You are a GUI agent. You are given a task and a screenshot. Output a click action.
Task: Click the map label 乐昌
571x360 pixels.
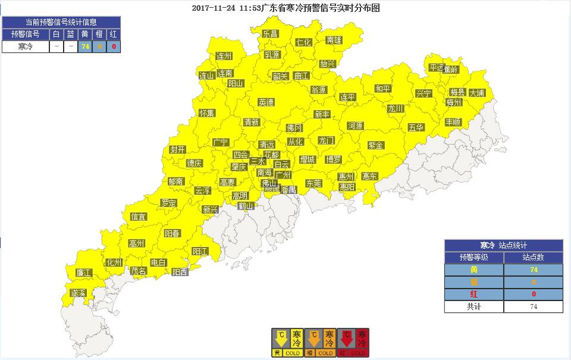click(271, 34)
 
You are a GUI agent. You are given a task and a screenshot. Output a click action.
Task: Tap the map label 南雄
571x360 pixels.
click(334, 40)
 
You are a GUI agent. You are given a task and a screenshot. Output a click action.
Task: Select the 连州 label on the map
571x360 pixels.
click(224, 57)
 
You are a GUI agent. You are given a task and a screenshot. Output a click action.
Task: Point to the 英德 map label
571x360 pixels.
click(266, 102)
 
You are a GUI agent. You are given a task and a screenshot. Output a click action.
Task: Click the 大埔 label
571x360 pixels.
click(477, 93)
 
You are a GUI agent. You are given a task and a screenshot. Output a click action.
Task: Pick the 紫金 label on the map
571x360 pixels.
click(376, 145)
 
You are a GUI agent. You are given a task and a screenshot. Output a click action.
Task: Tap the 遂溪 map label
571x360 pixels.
click(79, 293)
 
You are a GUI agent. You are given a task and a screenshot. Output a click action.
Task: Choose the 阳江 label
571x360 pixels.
click(200, 252)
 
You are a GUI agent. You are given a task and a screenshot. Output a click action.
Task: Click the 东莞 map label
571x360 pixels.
click(313, 183)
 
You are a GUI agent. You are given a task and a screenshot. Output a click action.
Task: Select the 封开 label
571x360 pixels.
click(177, 149)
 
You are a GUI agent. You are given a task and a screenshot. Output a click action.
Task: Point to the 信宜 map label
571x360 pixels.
click(138, 217)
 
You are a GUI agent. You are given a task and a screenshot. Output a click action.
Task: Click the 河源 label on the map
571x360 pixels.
click(355, 126)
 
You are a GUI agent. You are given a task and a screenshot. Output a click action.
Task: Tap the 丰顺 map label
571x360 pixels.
click(453, 122)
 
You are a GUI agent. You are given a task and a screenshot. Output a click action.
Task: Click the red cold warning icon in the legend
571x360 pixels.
click(353, 343)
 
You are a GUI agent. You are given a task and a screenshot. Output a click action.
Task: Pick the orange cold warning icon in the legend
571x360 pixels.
click(320, 343)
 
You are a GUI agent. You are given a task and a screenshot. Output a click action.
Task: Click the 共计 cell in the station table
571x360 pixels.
click(473, 306)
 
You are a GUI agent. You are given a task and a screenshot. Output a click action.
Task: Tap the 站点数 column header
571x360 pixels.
click(533, 258)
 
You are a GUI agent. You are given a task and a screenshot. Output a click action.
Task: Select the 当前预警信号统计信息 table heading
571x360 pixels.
click(61, 22)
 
